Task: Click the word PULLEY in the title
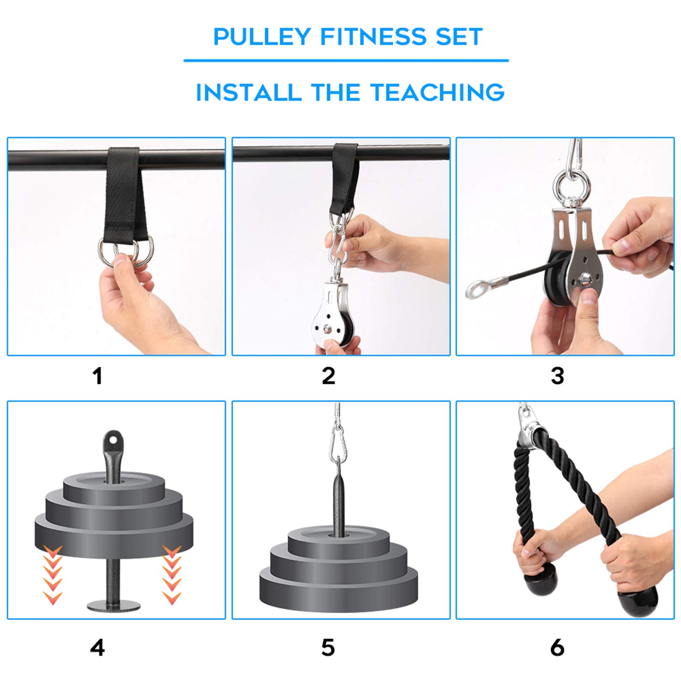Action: click(x=261, y=37)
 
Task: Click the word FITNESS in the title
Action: click(x=373, y=37)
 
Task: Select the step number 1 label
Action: click(x=97, y=376)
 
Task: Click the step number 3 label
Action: click(x=557, y=376)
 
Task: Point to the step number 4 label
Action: click(x=97, y=648)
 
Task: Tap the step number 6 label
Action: click(x=557, y=648)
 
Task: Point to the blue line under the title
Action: click(x=346, y=60)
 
